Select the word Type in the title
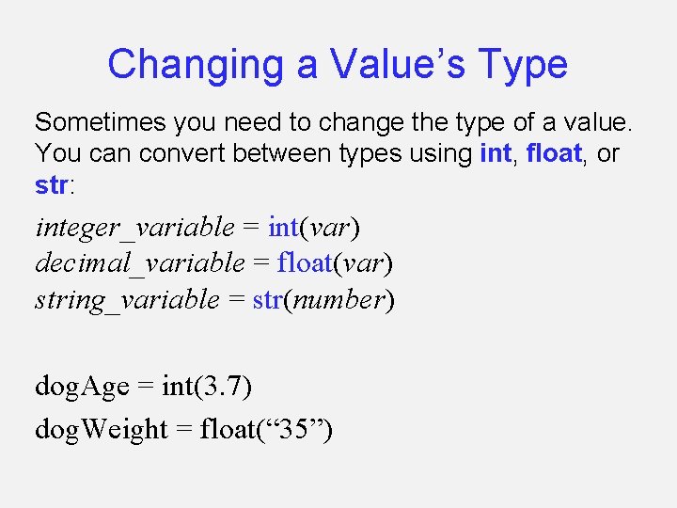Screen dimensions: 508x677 pos(523,65)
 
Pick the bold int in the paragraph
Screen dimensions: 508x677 pos(495,153)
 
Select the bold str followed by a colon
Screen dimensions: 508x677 pos(51,184)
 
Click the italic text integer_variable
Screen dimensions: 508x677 pos(134,228)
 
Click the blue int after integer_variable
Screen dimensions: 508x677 pos(283,228)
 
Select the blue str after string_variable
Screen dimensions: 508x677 pos(268,300)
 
